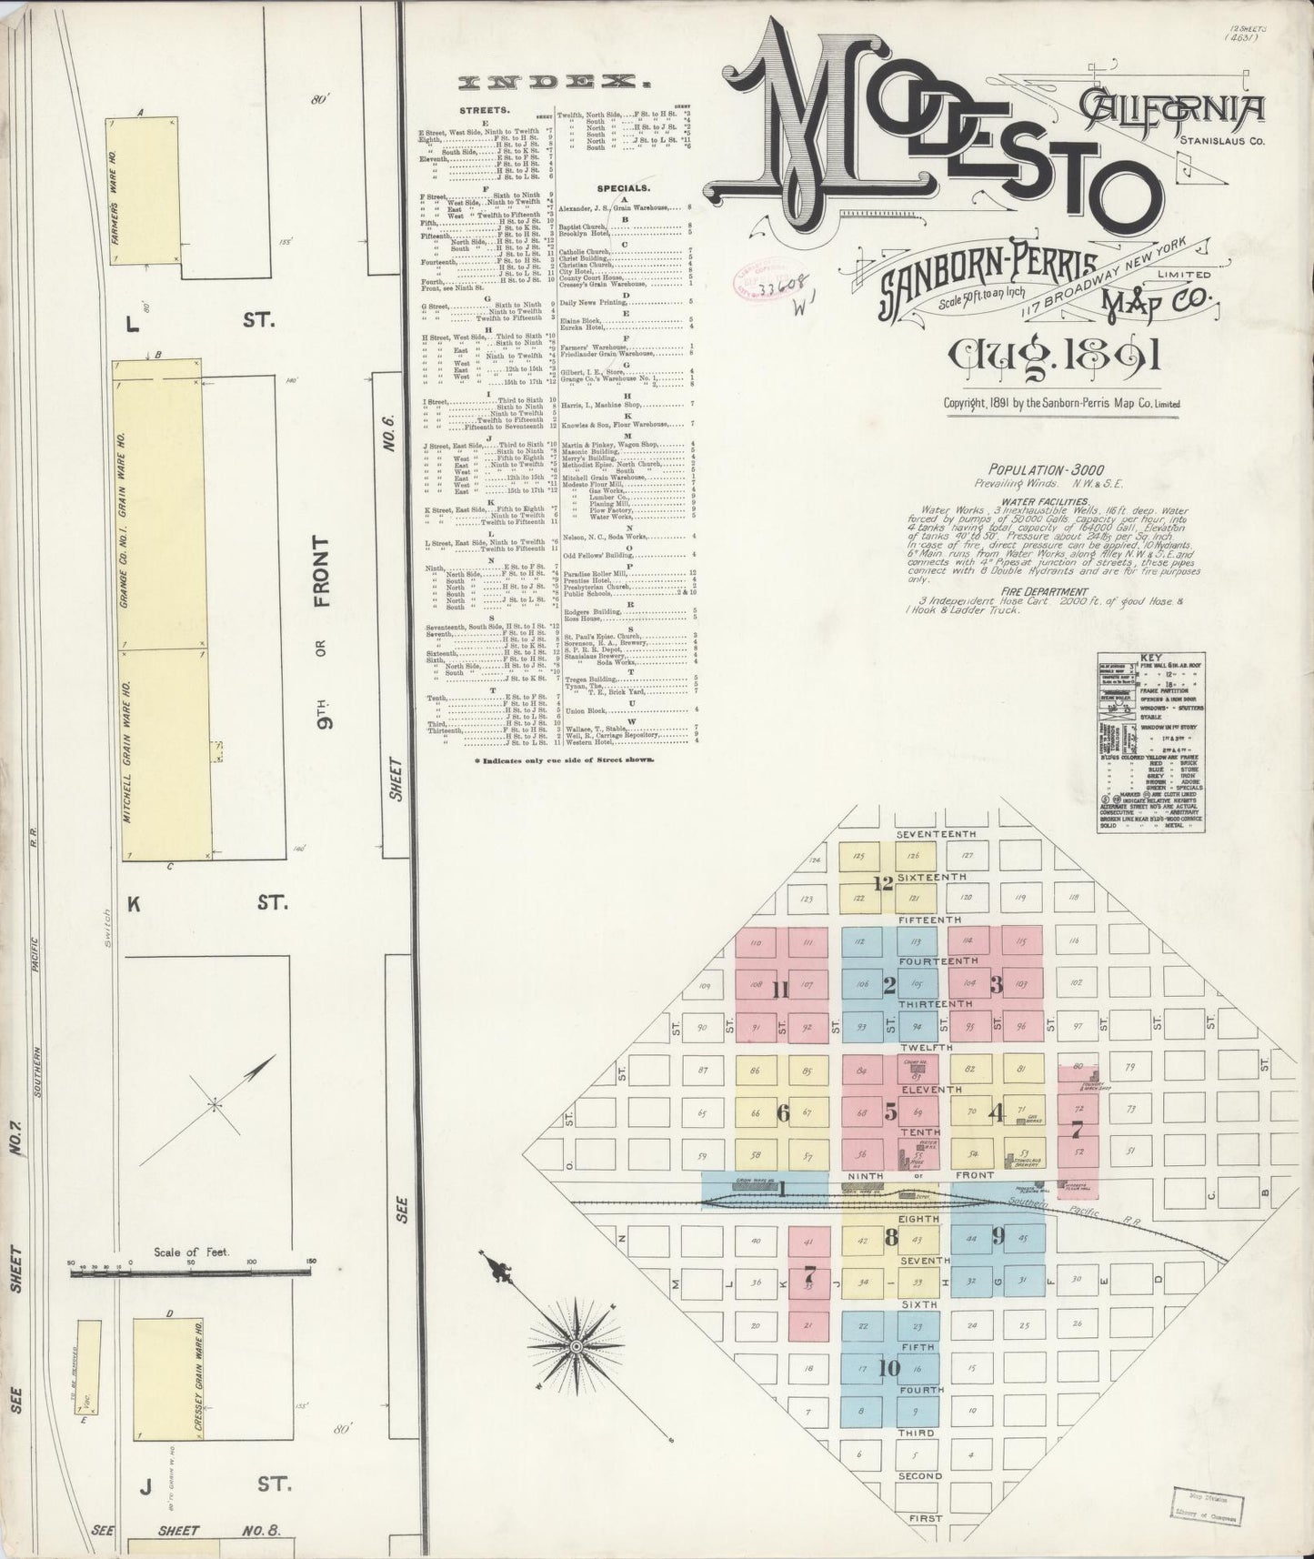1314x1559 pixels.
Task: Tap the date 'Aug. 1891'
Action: tap(1053, 356)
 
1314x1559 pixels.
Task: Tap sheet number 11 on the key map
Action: tap(780, 991)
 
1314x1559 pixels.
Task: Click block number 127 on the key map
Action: tap(968, 856)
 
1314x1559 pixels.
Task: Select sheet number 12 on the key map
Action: tap(883, 882)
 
